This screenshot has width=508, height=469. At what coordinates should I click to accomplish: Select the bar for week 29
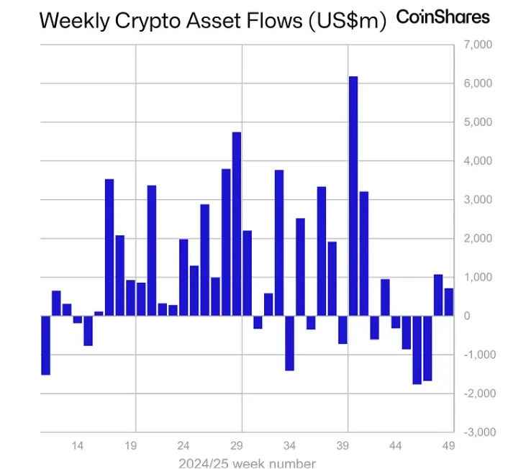pos(237,224)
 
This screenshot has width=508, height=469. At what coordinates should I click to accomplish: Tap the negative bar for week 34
pos(290,342)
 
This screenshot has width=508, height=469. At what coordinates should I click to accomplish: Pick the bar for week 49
pos(448,302)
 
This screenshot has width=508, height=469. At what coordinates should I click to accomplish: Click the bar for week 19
pos(130,298)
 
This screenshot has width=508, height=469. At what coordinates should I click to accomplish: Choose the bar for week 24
pos(183,278)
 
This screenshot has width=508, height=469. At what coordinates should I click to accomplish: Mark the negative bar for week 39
pos(343,329)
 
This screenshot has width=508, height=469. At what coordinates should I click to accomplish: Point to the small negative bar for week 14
pos(78,319)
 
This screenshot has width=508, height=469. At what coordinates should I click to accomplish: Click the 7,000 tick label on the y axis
pos(476,45)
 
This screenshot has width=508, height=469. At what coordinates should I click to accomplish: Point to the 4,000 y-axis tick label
pos(476,161)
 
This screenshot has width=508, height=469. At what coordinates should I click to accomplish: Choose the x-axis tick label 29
pos(237,446)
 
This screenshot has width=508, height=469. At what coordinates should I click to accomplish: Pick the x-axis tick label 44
pos(395,446)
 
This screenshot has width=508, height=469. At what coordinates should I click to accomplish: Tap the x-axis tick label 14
pos(78,446)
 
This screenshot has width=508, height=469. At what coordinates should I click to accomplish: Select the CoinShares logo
pos(443,17)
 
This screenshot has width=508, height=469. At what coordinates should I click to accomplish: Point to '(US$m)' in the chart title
pos(347,20)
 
